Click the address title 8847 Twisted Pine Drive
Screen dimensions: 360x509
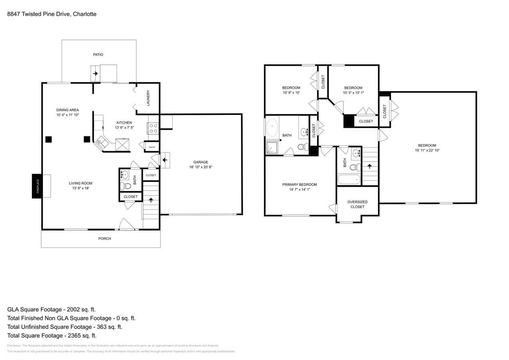point(52,14)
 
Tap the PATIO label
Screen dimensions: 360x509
point(98,54)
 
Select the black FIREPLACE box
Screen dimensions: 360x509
point(37,186)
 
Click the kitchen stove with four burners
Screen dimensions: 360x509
point(153,128)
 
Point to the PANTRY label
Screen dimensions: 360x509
point(152,147)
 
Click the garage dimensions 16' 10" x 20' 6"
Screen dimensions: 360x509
point(200,167)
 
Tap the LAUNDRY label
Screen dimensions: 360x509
point(148,98)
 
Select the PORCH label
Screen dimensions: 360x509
point(104,239)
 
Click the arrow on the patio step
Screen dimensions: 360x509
point(95,74)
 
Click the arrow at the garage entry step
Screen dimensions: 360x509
point(164,160)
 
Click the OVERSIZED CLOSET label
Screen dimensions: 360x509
point(357,204)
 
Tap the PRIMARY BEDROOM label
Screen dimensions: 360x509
point(299,185)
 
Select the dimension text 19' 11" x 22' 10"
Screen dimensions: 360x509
point(427,150)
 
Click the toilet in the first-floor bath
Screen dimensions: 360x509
point(126,186)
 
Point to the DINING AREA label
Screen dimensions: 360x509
point(68,110)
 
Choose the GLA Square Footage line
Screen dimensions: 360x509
point(51,310)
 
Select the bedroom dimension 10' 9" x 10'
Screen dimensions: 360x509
point(291,93)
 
